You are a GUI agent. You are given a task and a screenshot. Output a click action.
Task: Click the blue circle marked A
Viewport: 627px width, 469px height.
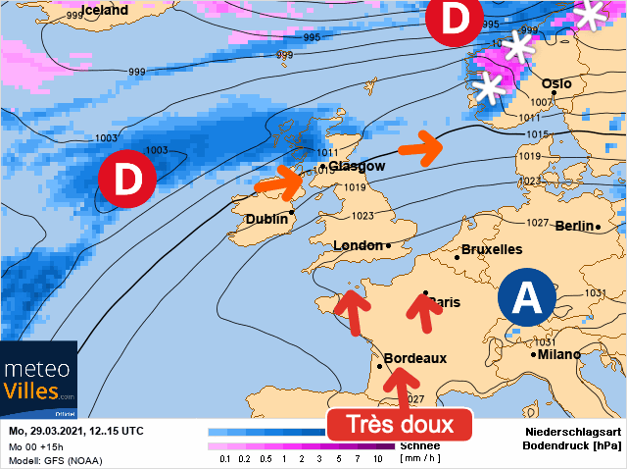coord(527,297)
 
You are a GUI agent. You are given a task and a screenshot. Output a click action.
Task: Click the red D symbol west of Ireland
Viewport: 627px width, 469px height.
coord(124,180)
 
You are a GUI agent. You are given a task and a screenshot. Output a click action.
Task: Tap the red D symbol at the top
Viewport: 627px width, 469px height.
coord(455,20)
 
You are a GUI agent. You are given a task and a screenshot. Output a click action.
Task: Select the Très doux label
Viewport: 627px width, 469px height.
coord(399,425)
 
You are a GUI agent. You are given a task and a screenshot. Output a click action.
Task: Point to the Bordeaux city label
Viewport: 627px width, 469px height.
coord(416,359)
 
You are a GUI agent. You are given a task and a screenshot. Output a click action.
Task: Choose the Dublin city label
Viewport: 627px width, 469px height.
coord(266,219)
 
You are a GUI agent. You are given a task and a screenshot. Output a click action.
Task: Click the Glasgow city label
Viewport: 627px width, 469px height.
coord(357,166)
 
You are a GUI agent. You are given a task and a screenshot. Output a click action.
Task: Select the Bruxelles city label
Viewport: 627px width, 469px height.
coord(492,249)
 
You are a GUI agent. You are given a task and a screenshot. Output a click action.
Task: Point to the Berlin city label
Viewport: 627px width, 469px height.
coord(575,226)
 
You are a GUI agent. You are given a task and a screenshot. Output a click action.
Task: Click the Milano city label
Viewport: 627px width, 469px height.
coord(559,354)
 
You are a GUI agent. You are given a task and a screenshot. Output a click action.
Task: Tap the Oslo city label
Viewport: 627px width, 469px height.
coord(556,83)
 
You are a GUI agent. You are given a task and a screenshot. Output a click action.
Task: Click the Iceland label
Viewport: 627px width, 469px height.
coord(105,10)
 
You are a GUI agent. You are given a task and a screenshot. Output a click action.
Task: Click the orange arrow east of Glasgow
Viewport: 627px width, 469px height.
coord(420,148)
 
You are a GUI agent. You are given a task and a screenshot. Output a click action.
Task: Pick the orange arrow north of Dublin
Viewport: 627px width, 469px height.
coord(278,182)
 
